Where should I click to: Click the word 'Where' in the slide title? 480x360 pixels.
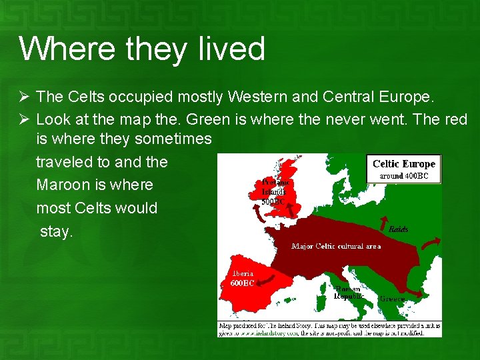coord(58,49)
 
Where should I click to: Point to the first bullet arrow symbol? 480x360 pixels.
coord(25,97)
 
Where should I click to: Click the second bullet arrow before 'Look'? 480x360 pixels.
coord(25,120)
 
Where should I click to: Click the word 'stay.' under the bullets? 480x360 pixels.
coord(56,231)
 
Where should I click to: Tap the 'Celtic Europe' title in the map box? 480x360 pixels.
coord(404,164)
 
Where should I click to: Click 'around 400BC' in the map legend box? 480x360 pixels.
coord(409,177)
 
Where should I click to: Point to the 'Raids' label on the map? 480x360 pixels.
coord(398,229)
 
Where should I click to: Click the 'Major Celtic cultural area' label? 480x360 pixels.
coord(336,247)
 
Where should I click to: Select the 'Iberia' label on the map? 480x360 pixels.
coord(242,273)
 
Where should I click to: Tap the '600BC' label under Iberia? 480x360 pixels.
coord(242,283)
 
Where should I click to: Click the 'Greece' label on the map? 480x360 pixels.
coord(391,299)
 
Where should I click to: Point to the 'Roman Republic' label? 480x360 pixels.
coord(347,292)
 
